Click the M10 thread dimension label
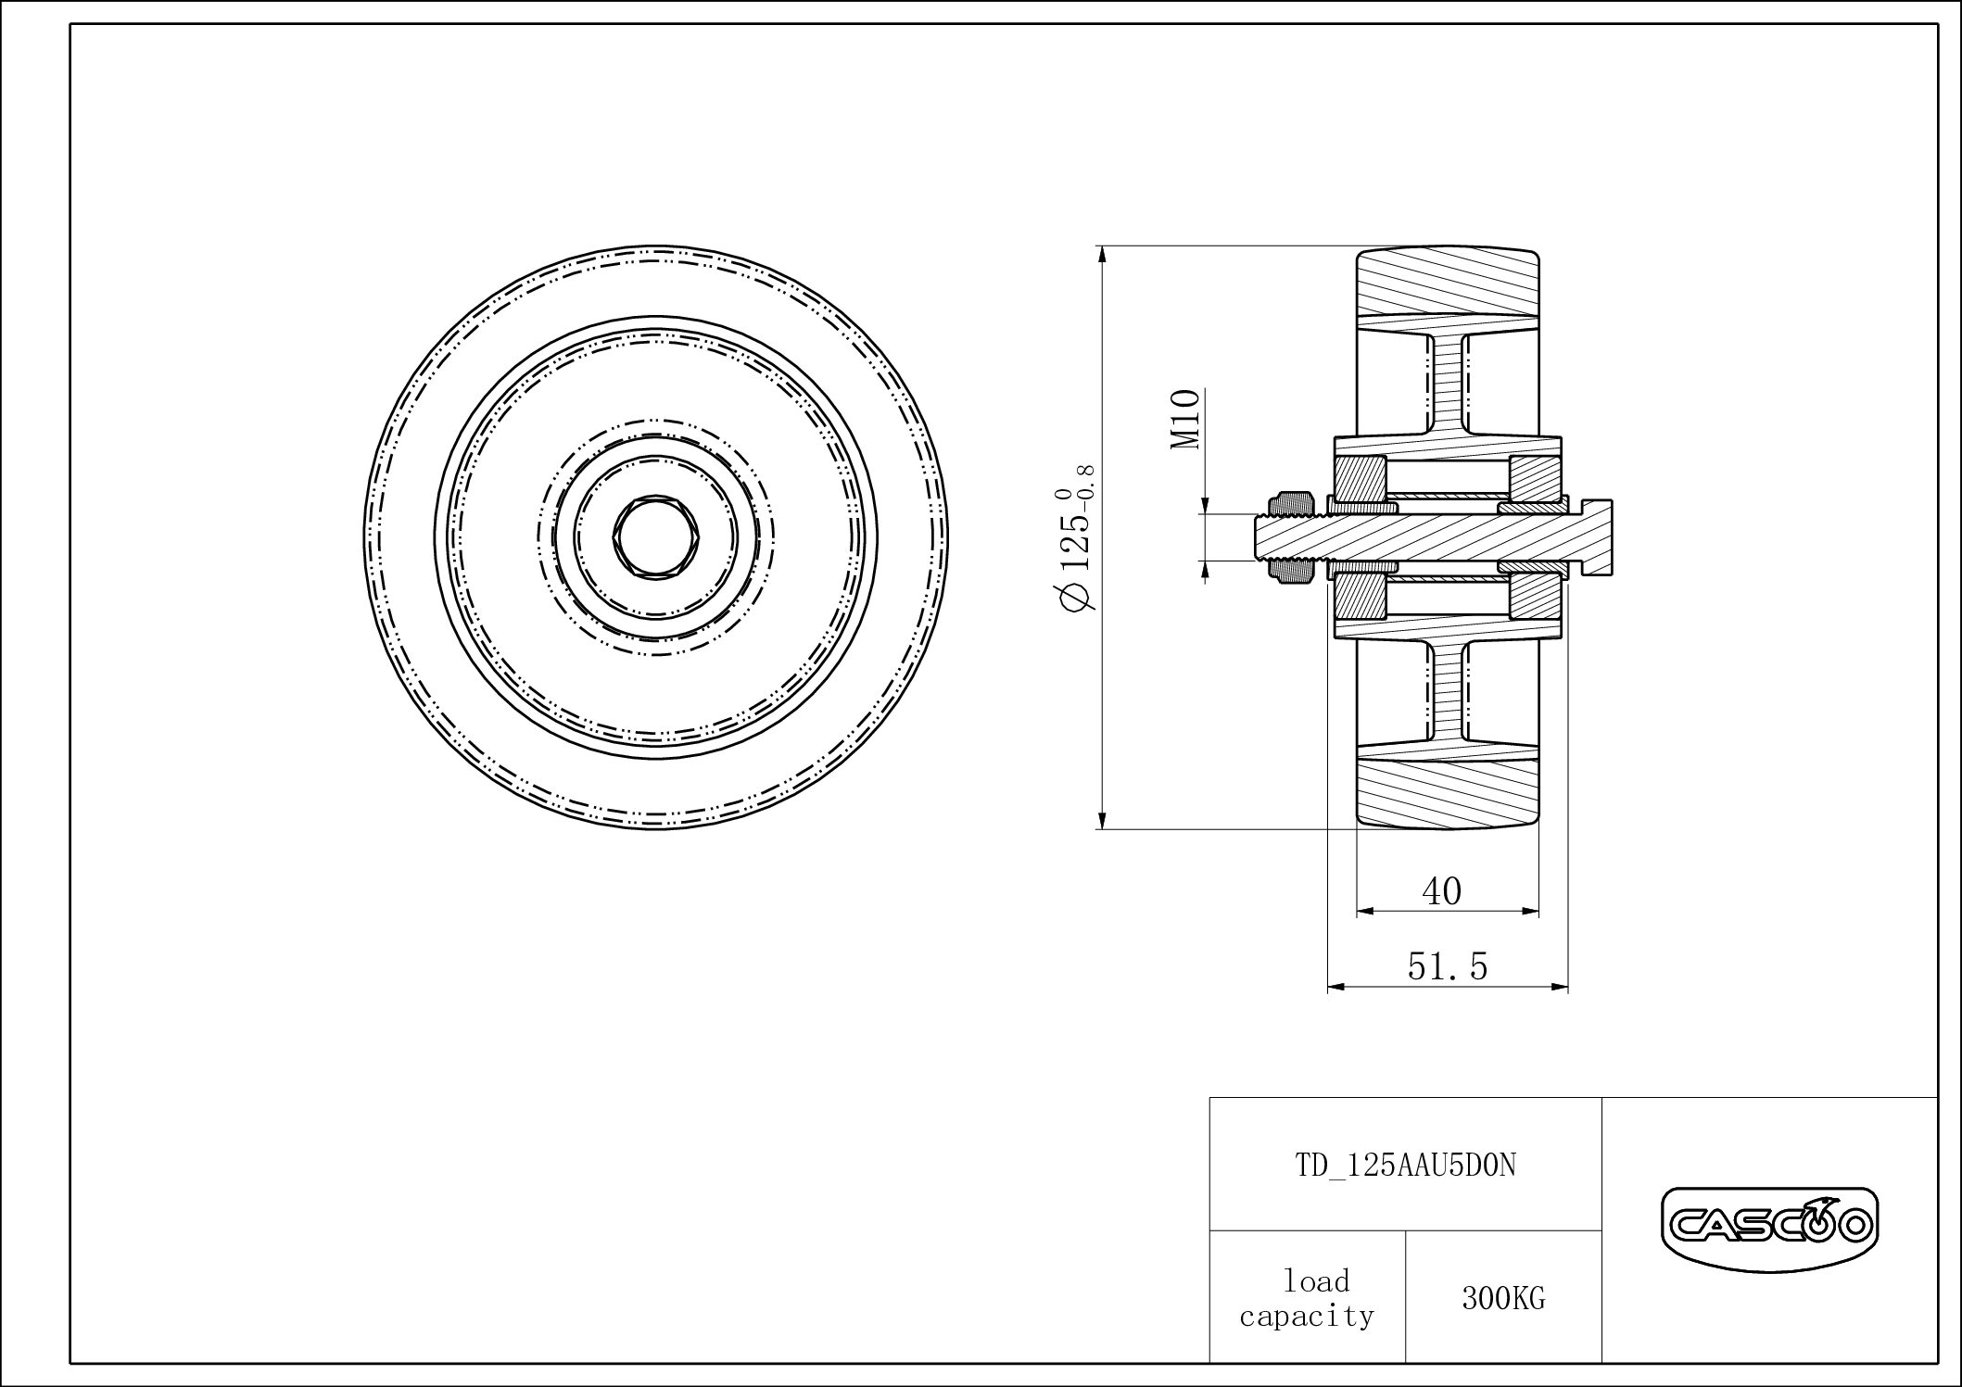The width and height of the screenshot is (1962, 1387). click(1185, 420)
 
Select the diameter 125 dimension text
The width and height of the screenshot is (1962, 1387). click(1076, 537)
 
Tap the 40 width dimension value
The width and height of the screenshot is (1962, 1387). click(1442, 891)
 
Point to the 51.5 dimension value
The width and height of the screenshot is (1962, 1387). click(1448, 966)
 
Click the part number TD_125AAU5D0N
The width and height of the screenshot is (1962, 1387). click(1405, 1165)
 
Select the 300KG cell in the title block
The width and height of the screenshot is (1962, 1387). click(1503, 1299)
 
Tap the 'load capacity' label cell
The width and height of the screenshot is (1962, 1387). click(1307, 1298)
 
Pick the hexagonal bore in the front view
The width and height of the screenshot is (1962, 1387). click(656, 537)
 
